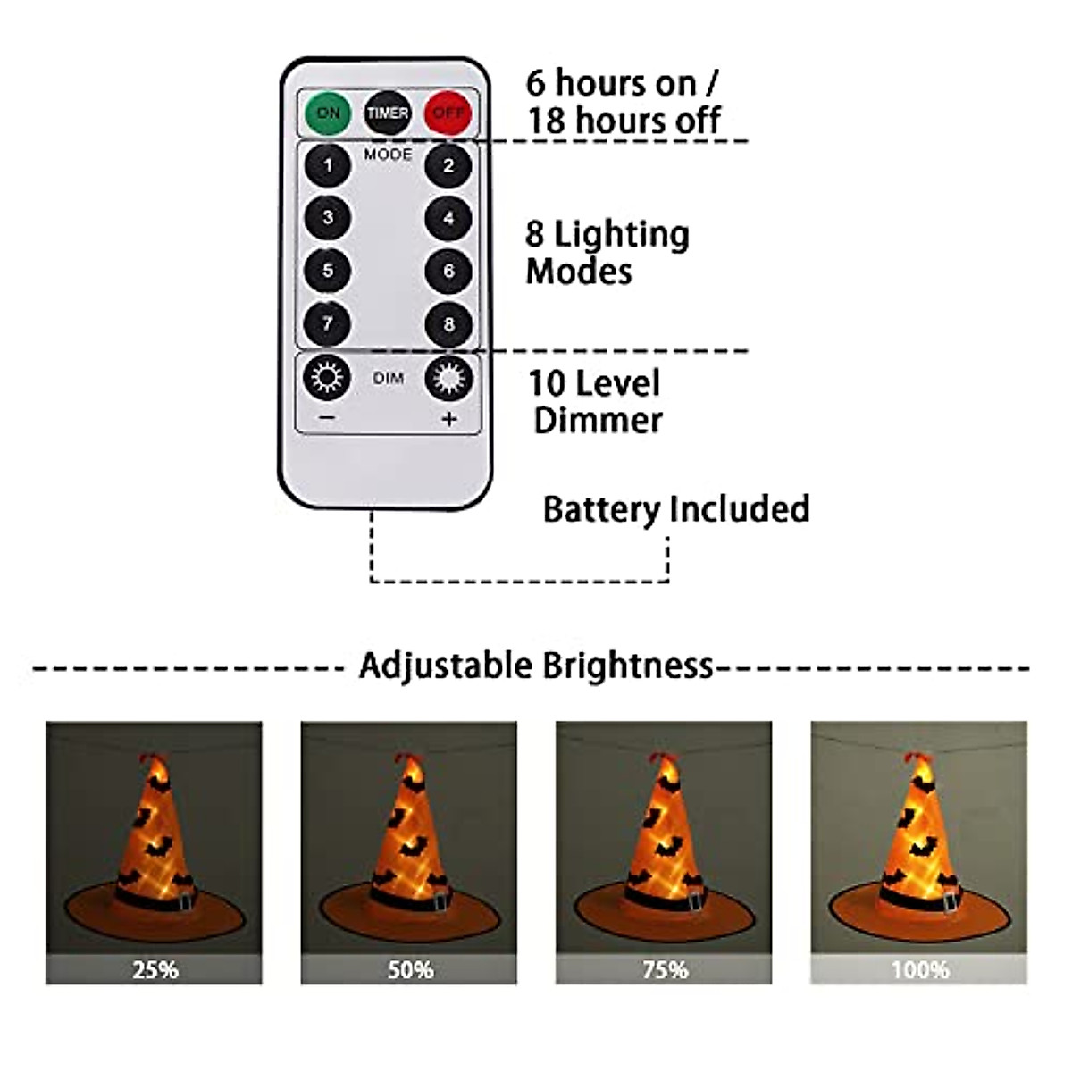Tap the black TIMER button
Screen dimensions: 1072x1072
click(x=387, y=113)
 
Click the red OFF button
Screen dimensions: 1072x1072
click(x=448, y=113)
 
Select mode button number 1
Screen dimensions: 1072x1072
click(x=328, y=165)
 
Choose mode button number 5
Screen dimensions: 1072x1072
click(x=328, y=271)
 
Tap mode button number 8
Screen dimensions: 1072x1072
click(x=448, y=323)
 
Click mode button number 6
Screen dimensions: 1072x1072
click(x=448, y=271)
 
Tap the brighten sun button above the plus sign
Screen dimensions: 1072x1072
click(x=448, y=379)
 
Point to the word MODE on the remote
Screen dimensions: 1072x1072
click(x=388, y=155)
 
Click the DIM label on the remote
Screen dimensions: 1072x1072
click(x=388, y=379)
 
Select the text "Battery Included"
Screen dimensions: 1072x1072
click(x=676, y=509)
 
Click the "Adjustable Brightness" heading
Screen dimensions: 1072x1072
click(x=536, y=666)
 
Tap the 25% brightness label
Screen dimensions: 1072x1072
click(x=155, y=969)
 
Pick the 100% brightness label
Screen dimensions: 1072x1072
click(x=919, y=969)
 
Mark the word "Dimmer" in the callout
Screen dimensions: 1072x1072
click(x=598, y=420)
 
